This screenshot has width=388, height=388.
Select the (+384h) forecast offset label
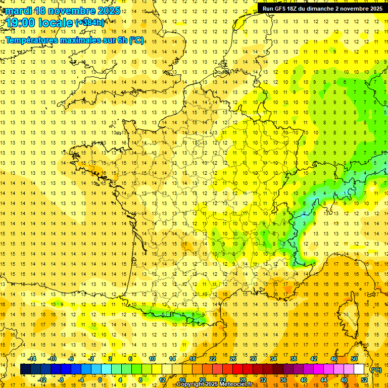tap(90, 23)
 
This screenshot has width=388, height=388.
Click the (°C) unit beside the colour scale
tap(376, 370)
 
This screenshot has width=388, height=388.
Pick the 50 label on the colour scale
tap(354, 359)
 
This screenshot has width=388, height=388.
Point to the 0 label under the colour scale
tap(100, 380)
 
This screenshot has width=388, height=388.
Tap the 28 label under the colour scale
tap(243, 380)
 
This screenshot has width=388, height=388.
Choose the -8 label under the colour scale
tap(61, 380)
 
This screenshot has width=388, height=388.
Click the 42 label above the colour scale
tap(314, 359)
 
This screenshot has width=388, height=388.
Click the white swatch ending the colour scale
tap(359, 369)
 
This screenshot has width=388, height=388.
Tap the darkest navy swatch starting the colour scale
tap(25, 369)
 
